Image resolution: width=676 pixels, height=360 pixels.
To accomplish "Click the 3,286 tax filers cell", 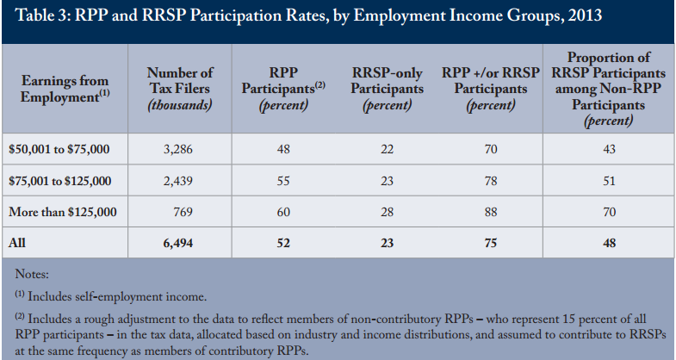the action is click(177, 149).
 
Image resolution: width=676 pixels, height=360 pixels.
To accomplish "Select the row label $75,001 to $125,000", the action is click(60, 181).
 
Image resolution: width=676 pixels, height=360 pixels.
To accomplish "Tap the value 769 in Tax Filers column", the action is click(183, 212).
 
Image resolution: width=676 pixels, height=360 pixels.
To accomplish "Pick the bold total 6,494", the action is click(177, 243).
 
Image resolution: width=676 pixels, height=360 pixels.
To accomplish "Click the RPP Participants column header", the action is click(283, 89).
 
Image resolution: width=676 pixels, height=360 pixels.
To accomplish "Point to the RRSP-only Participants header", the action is click(387, 89).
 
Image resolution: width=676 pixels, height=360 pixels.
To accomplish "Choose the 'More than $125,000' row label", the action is click(63, 212).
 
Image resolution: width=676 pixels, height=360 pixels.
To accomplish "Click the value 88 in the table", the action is click(491, 212).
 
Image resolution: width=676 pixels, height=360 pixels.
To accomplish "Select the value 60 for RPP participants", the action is click(283, 212).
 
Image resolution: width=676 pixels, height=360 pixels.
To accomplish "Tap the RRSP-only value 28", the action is click(387, 212).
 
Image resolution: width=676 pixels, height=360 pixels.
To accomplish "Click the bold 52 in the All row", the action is click(283, 243).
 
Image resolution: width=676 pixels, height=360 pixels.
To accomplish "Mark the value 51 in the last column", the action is click(609, 181).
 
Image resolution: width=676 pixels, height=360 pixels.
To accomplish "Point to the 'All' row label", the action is click(17, 243).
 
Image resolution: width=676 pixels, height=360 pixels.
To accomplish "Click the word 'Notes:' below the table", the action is click(32, 274).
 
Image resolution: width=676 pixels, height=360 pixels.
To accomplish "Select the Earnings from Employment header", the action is click(65, 89).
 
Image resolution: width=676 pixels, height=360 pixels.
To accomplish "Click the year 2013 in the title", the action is click(585, 16).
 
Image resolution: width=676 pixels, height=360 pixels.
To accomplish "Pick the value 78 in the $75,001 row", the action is click(491, 181).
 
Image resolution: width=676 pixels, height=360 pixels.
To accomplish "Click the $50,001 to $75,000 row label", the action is click(59, 149).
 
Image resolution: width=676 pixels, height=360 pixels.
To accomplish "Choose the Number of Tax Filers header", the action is click(180, 89).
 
